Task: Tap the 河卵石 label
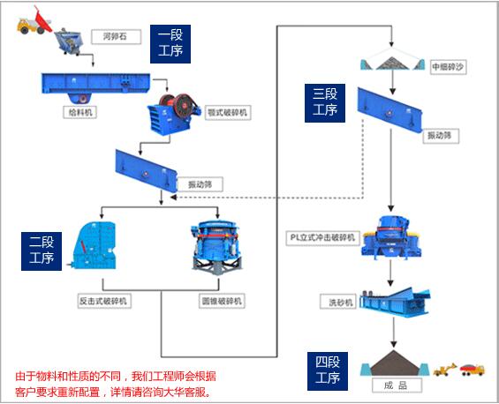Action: tap(110, 37)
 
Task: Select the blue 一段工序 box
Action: tap(170, 42)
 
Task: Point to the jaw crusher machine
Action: tap(172, 109)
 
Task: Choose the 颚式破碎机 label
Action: tap(228, 113)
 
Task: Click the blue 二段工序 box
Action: tap(41, 250)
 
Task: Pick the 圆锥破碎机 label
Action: tap(221, 301)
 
